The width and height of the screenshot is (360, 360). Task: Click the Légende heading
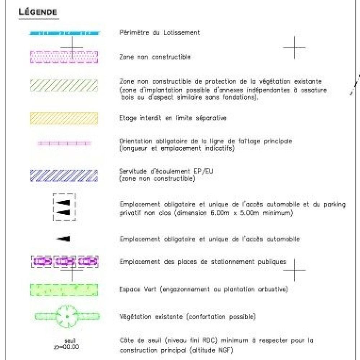pyautogui.click(x=37, y=12)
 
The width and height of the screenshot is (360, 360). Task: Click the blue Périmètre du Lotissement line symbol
pyautogui.click(x=64, y=33)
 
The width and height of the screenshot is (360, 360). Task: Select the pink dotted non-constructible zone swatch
pyautogui.click(x=64, y=57)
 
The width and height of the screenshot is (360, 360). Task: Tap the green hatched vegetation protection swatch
pyautogui.click(x=64, y=85)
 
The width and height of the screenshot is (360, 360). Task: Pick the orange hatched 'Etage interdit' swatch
pyautogui.click(x=64, y=118)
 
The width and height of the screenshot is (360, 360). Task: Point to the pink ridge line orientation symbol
pyautogui.click(x=64, y=143)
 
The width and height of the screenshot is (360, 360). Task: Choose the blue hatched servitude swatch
pyautogui.click(x=64, y=175)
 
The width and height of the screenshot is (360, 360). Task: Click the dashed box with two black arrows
pyautogui.click(x=64, y=207)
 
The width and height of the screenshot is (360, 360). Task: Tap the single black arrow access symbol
pyautogui.click(x=63, y=238)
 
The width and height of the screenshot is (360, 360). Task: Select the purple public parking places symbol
pyautogui.click(x=64, y=262)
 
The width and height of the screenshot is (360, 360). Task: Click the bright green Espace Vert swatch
pyautogui.click(x=64, y=290)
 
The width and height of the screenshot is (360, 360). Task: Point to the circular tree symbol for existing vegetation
pyautogui.click(x=67, y=316)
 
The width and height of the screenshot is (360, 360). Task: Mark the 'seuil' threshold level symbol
pyautogui.click(x=68, y=343)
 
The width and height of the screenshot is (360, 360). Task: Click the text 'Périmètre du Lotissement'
pyautogui.click(x=159, y=33)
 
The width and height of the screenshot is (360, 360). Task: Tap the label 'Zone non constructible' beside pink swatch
pyautogui.click(x=155, y=57)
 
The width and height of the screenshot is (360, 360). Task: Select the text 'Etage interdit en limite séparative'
pyautogui.click(x=173, y=118)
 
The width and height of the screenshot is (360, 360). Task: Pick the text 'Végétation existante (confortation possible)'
pyautogui.click(x=187, y=317)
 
